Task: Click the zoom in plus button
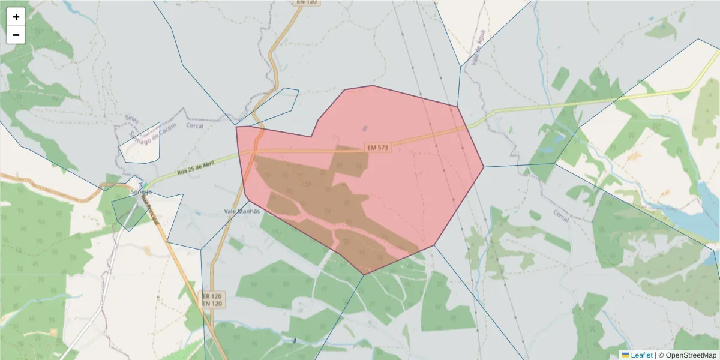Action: tap(16, 17)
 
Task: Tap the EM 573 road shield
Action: tap(378, 148)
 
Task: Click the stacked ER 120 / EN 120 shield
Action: tap(212, 300)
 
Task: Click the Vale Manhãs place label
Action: tap(243, 211)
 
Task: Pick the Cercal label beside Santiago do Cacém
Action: tap(194, 126)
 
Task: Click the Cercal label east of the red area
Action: tap(560, 217)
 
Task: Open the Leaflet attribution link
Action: tap(641, 355)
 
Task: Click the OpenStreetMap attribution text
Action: tap(688, 355)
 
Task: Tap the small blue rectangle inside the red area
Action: tap(365, 128)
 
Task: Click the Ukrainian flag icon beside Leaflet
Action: tap(625, 355)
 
